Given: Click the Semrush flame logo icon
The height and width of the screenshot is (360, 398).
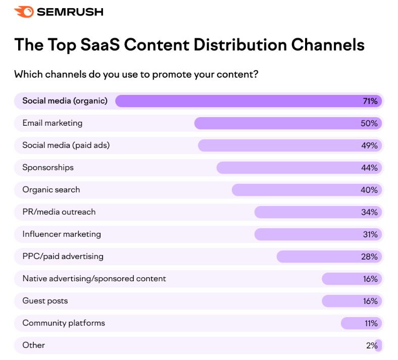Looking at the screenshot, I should (x=24, y=12).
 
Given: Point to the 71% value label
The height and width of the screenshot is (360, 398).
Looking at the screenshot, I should (x=370, y=101).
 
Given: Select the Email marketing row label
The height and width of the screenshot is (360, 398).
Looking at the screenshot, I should (x=52, y=123).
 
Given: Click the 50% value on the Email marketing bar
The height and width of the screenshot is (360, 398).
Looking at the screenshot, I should (x=369, y=123).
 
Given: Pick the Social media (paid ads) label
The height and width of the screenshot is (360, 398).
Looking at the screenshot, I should (x=66, y=145).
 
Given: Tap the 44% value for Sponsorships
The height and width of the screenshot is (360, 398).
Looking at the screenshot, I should (x=369, y=168).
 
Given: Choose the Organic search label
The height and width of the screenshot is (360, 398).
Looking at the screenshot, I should (x=51, y=189).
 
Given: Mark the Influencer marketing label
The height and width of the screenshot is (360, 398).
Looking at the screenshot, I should (x=62, y=234).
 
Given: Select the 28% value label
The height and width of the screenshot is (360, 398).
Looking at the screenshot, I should (x=369, y=256).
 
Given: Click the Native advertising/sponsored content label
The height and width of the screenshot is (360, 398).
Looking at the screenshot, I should (x=94, y=278).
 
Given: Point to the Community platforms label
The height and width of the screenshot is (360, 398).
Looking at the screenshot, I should (x=64, y=323).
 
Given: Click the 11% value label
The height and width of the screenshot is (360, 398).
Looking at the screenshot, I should (x=370, y=323).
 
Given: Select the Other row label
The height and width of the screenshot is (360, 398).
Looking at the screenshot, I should (x=33, y=345).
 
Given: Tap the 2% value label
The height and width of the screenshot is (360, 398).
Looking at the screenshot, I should (x=372, y=345).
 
